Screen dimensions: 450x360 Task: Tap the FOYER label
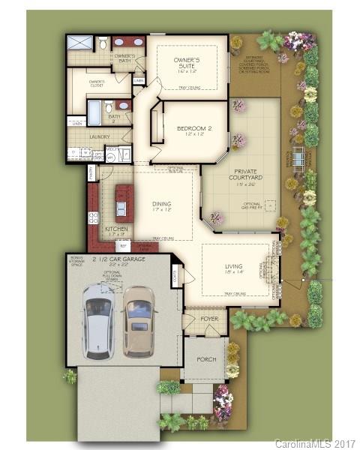(209, 319)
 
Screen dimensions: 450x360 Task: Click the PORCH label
(206, 359)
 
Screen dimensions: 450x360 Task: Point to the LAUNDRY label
(99, 137)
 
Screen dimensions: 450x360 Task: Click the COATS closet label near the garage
(175, 275)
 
